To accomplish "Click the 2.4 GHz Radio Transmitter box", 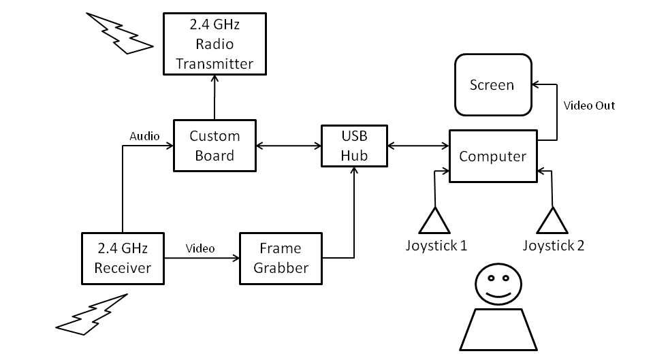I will click(214, 44).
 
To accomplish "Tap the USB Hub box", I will click(354, 146).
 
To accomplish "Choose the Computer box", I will click(492, 157).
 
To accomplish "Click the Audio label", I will click(144, 136).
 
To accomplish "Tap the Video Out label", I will click(590, 105).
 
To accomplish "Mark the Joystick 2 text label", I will click(554, 245).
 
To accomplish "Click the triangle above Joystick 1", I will click(434, 220).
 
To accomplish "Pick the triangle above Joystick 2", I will click(552, 220).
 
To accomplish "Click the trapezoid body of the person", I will click(496, 329).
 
